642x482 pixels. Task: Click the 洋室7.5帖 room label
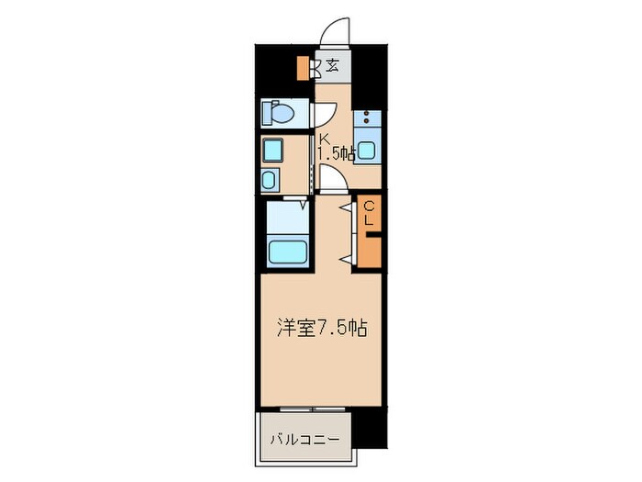pyautogui.click(x=322, y=328)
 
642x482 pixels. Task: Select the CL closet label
pyautogui.click(x=369, y=213)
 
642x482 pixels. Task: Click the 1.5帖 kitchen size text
pyautogui.click(x=336, y=153)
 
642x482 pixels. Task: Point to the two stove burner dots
pyautogui.click(x=368, y=118)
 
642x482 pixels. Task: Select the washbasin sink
pyautogui.click(x=272, y=179)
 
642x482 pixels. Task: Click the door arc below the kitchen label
pyautogui.click(x=332, y=178)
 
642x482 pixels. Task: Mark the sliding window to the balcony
pyautogui.click(x=313, y=408)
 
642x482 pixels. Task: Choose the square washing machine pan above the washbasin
pyautogui.click(x=272, y=149)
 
